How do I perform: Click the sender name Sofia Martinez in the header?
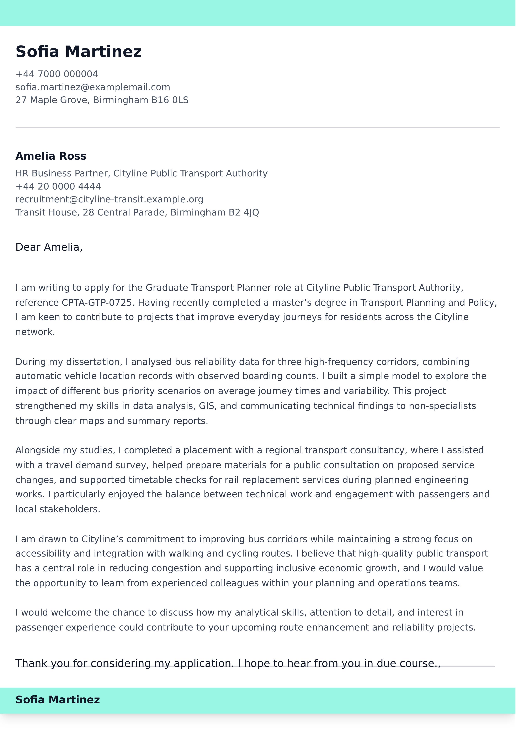tap(79, 52)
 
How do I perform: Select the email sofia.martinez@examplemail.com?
tap(92, 87)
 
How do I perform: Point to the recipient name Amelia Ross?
tap(51, 156)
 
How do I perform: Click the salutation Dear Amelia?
tap(49, 247)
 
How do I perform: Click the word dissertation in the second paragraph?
tap(94, 362)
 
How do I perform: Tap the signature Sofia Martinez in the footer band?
tap(58, 699)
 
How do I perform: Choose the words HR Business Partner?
tap(63, 174)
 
